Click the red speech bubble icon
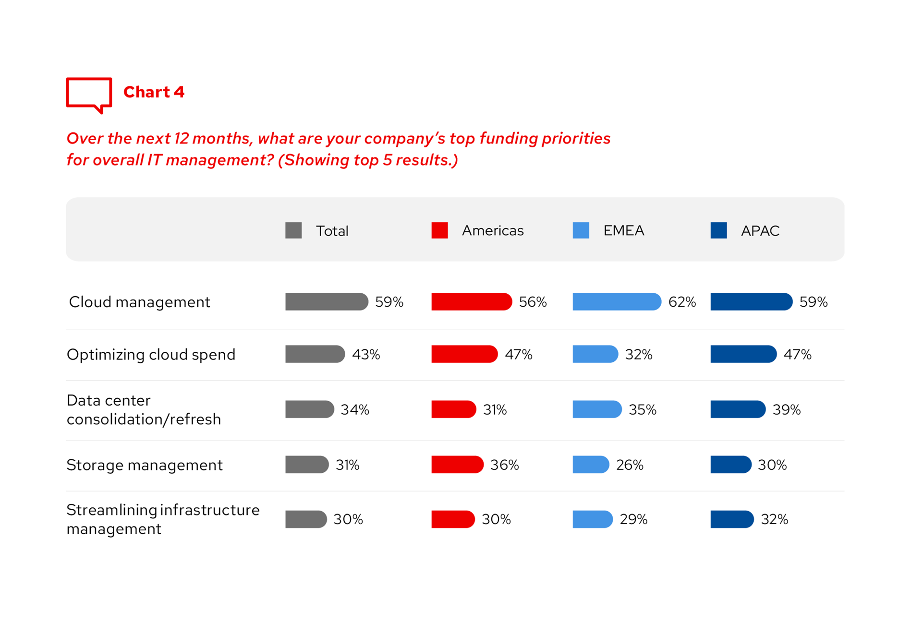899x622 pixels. (x=89, y=95)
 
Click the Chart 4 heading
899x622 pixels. (x=154, y=92)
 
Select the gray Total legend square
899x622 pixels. (x=293, y=230)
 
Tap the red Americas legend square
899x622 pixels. (x=439, y=230)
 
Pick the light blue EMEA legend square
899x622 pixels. (x=581, y=230)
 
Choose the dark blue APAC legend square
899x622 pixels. (x=718, y=230)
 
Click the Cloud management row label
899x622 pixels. (x=139, y=302)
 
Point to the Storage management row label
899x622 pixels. (x=145, y=465)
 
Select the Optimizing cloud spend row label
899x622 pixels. (x=151, y=354)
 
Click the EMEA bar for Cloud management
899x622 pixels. (x=617, y=302)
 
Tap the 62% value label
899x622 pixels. (x=682, y=302)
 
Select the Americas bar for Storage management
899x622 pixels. (x=457, y=465)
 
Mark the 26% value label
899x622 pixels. (x=630, y=465)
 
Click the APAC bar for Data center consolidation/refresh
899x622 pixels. (x=738, y=409)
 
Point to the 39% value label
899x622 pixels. (x=787, y=409)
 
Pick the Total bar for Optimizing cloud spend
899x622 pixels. (x=315, y=354)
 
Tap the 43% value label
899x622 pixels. (x=366, y=354)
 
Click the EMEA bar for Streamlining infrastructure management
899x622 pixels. (x=592, y=519)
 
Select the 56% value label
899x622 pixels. (x=533, y=302)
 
